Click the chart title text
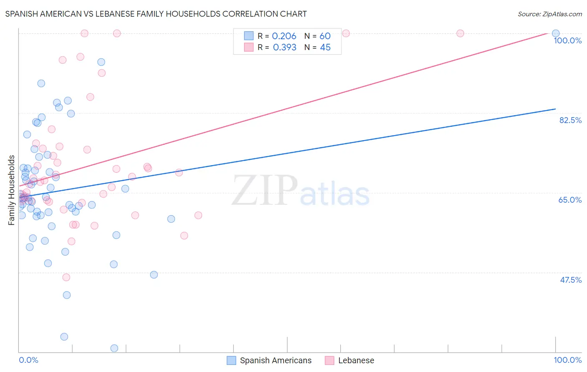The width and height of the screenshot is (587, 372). coord(156,14)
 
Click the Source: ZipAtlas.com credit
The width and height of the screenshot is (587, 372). coord(549,14)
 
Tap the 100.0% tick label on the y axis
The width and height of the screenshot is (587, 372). coord(567,40)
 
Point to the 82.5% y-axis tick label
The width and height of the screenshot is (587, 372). coord(570,120)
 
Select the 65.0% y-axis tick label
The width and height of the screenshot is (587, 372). coord(570,200)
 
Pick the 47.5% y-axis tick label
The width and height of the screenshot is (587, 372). coord(570,280)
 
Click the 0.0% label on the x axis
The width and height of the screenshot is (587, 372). coord(28,360)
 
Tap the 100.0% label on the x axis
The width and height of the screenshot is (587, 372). coord(567,360)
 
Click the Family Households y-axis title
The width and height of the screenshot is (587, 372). coord(12,190)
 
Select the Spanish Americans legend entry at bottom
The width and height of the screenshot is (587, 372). coord(269,360)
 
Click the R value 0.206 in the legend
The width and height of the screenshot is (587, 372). coord(284,36)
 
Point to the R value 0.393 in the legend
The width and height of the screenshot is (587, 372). coord(284,48)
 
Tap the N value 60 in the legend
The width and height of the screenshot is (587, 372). coord(325,36)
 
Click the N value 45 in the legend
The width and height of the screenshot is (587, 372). coord(325,48)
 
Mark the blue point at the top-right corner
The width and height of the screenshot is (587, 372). coord(555,33)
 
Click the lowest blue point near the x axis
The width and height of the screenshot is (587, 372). coord(114,348)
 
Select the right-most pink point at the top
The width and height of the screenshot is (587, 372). coord(460,33)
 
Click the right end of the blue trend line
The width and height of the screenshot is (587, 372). coord(555,109)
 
